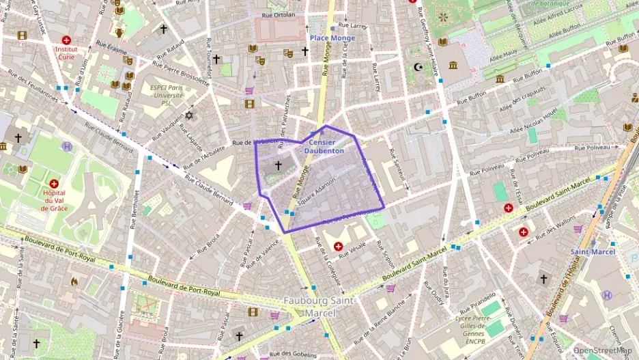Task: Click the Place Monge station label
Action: [x=332, y=38]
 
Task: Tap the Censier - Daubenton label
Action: [x=324, y=146]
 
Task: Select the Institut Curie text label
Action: [x=66, y=54]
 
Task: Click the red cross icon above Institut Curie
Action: [x=66, y=40]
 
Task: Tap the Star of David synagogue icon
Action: [x=190, y=115]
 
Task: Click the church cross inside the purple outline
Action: [x=278, y=165]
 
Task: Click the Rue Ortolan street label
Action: [x=279, y=14]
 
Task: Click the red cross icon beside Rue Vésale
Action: [x=338, y=246]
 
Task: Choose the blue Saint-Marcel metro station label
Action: [x=593, y=251]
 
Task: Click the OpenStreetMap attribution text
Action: [x=602, y=350]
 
